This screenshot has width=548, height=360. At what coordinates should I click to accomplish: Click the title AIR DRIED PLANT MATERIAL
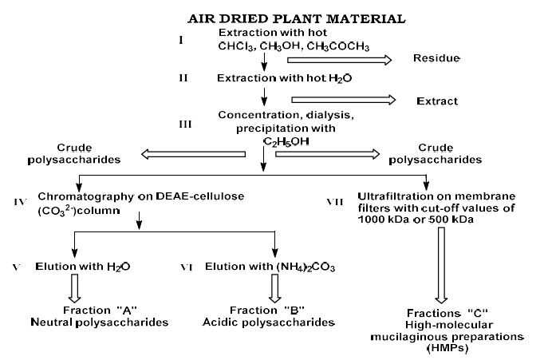(x=274, y=17)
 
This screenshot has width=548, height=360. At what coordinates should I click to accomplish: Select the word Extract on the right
(x=437, y=101)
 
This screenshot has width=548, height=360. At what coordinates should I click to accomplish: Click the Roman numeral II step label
(x=184, y=79)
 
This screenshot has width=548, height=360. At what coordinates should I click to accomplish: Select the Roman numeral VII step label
(x=336, y=201)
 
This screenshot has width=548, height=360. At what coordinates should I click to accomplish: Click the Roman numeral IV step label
(x=21, y=201)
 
